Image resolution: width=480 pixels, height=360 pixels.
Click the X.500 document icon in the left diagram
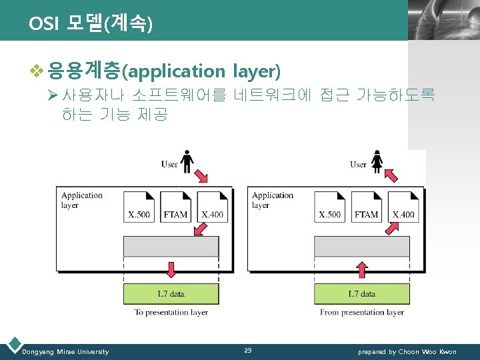point(139,207)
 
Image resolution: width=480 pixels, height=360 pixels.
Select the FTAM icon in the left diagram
point(175,207)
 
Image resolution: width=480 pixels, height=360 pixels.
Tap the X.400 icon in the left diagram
point(212,207)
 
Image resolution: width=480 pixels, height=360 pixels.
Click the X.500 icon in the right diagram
point(329,207)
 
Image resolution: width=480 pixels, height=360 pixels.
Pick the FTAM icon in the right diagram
point(366,207)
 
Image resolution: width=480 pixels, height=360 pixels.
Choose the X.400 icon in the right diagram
point(403,207)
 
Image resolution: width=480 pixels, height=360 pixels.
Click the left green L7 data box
point(171,293)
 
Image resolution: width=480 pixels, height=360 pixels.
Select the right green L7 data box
point(362,293)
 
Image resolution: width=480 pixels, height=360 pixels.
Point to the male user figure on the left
point(187,161)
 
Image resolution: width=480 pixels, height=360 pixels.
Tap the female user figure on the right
point(377,161)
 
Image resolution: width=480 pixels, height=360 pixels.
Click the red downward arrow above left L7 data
point(171,269)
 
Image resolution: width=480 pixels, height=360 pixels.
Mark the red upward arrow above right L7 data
point(362,269)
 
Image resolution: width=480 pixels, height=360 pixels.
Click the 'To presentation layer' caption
point(171,312)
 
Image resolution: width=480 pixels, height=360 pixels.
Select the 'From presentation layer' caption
point(362,312)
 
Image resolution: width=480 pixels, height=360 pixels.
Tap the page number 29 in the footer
point(247,351)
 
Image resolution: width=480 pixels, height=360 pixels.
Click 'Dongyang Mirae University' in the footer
point(65,351)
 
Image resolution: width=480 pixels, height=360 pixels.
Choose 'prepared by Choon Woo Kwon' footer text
point(407,351)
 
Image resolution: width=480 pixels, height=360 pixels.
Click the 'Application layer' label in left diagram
point(81,200)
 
